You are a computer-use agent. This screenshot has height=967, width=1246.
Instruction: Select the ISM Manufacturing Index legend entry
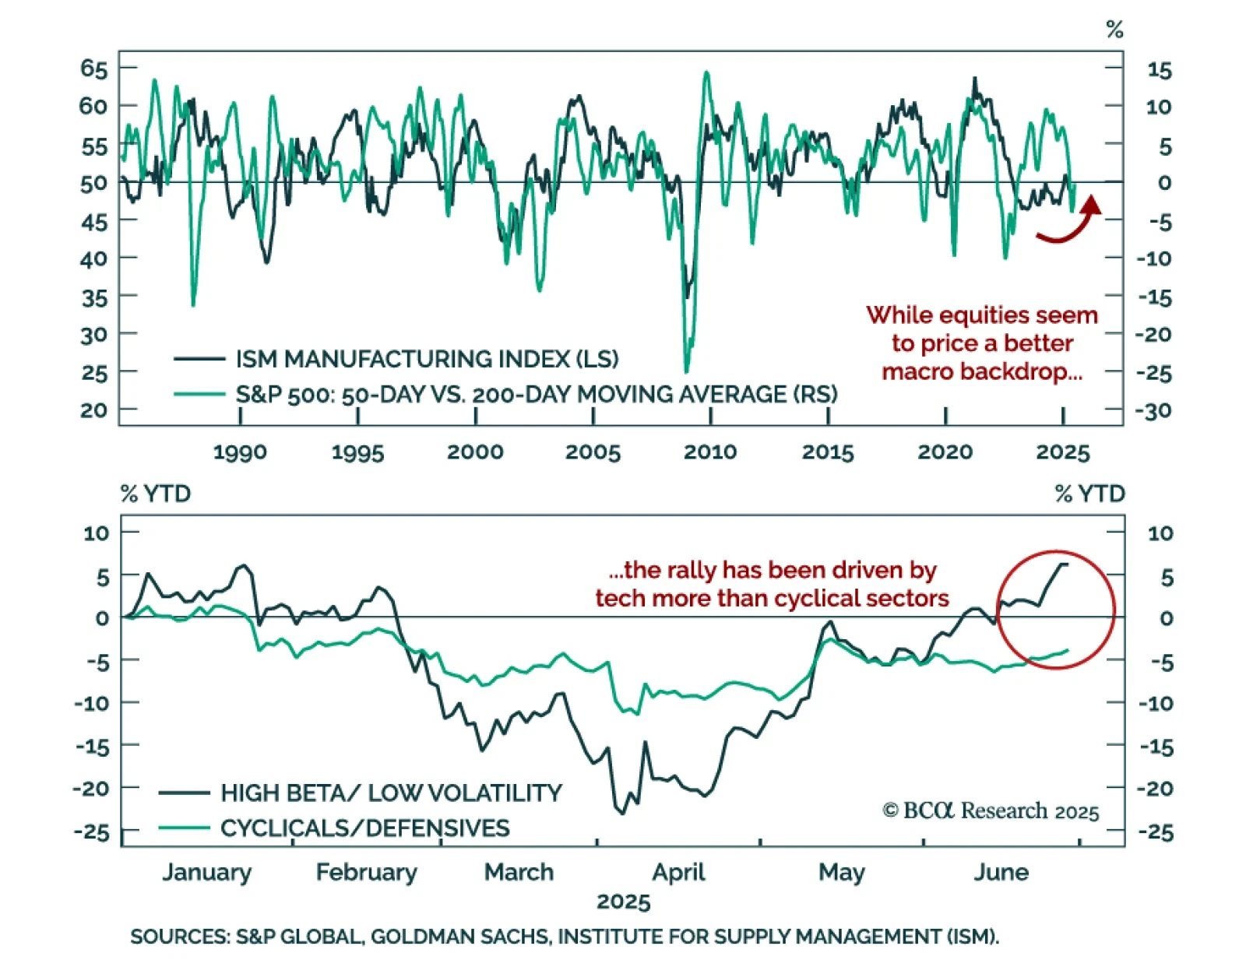click(427, 359)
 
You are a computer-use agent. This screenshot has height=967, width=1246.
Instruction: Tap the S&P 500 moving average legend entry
click(536, 394)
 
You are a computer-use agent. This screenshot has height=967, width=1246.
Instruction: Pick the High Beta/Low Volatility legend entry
click(391, 793)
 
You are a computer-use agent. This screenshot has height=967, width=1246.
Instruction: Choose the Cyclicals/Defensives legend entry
click(364, 828)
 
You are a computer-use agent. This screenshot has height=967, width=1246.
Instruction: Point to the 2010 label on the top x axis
click(710, 452)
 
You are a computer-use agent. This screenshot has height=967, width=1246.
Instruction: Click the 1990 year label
click(240, 452)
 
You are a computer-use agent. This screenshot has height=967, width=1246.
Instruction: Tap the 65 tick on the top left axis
click(93, 69)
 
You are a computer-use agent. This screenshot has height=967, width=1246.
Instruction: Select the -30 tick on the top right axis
click(1154, 410)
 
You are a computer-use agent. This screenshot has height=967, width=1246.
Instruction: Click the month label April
click(678, 872)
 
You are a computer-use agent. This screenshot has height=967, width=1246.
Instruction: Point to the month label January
click(206, 872)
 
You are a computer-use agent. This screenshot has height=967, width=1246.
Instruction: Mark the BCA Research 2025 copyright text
click(991, 811)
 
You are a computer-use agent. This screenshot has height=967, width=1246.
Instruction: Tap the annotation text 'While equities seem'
click(982, 315)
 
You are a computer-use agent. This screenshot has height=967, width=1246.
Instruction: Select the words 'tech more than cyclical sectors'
click(772, 598)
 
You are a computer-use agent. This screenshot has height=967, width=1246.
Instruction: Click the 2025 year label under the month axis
click(623, 902)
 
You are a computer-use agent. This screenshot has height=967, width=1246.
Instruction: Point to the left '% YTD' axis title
click(156, 494)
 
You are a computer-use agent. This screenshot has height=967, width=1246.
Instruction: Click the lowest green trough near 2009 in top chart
click(686, 371)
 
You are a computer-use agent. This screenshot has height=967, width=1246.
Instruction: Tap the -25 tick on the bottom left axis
click(92, 832)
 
